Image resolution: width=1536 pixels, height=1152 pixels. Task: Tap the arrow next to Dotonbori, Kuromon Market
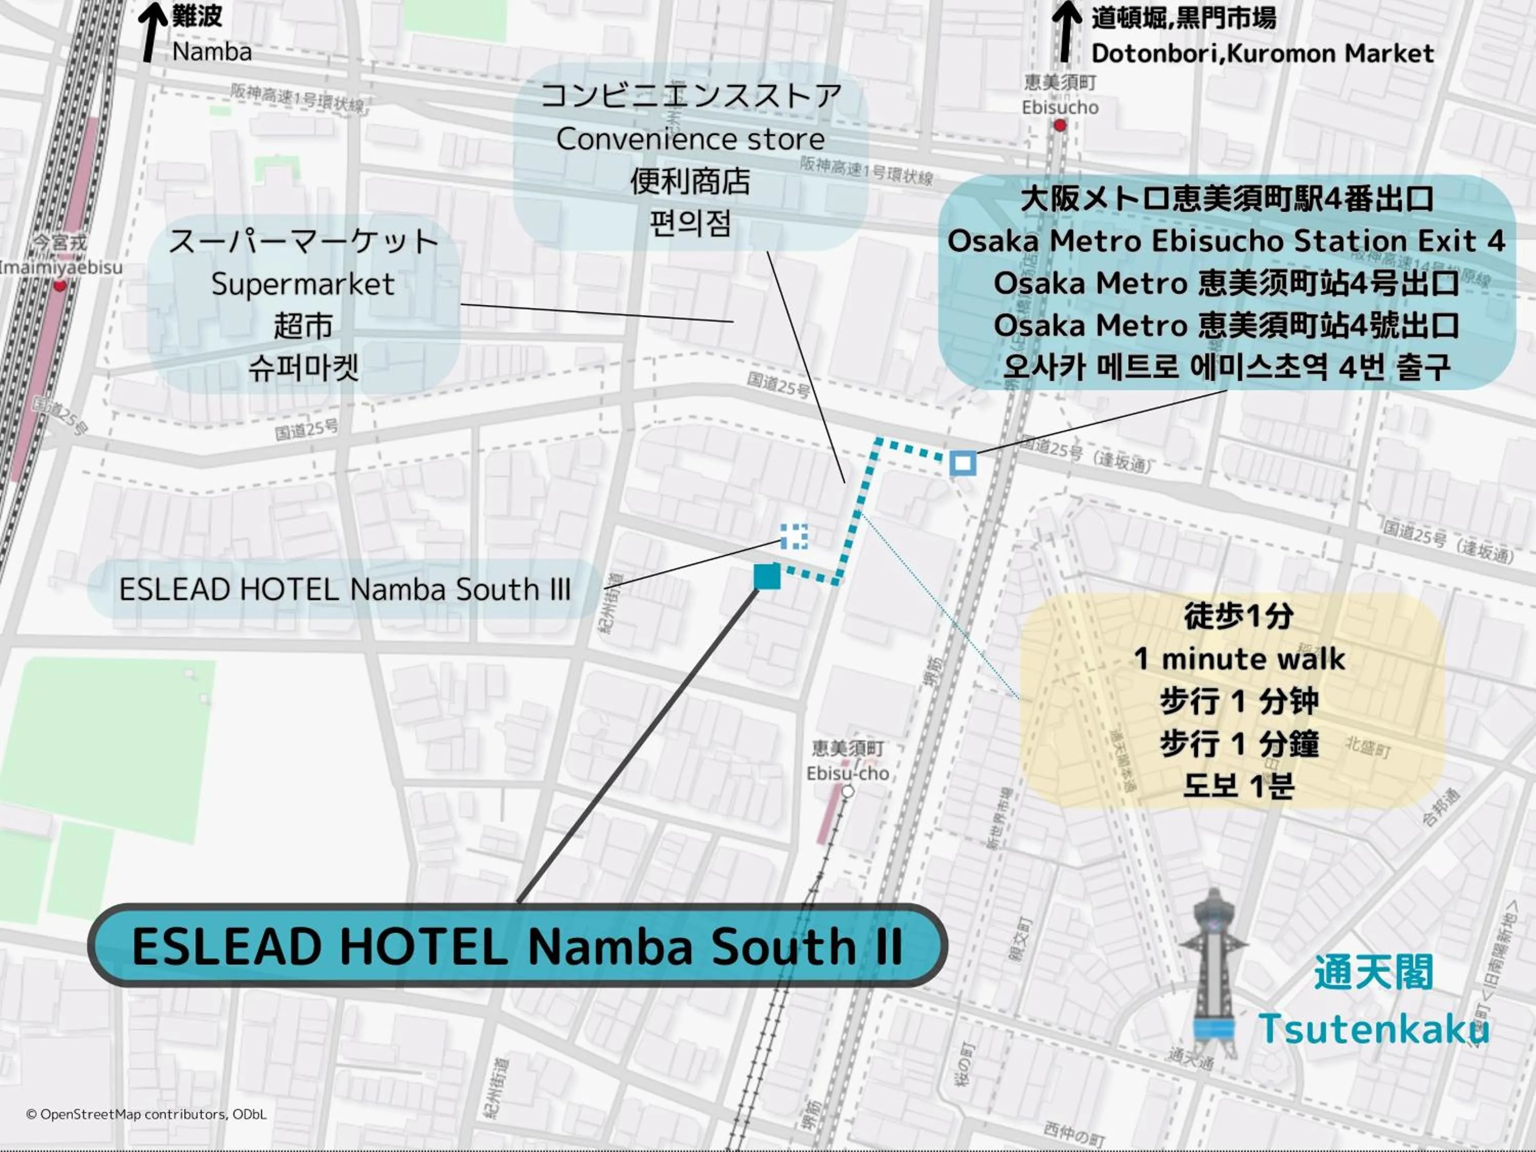pyautogui.click(x=1066, y=32)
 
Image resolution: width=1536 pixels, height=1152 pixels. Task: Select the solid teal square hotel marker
pyautogui.click(x=766, y=577)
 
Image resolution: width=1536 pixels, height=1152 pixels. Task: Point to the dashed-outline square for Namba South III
pyautogui.click(x=794, y=536)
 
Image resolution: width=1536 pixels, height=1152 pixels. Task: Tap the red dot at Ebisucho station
pyautogui.click(x=1060, y=125)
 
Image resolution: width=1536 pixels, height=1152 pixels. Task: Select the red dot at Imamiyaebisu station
pyautogui.click(x=60, y=285)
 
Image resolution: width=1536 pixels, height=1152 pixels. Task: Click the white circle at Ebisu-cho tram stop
pyautogui.click(x=847, y=792)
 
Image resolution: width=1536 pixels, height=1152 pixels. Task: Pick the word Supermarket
pyautogui.click(x=303, y=284)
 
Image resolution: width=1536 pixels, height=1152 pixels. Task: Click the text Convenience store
pyautogui.click(x=690, y=140)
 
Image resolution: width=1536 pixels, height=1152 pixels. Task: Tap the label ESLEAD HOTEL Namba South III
pyautogui.click(x=345, y=589)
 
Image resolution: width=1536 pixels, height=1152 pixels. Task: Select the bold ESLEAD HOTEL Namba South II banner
pyautogui.click(x=517, y=946)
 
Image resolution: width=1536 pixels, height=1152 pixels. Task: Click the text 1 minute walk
pyautogui.click(x=1239, y=659)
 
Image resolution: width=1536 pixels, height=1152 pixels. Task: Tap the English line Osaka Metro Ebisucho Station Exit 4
pyautogui.click(x=1226, y=241)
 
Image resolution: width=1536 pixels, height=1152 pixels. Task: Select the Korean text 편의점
pyautogui.click(x=690, y=224)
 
